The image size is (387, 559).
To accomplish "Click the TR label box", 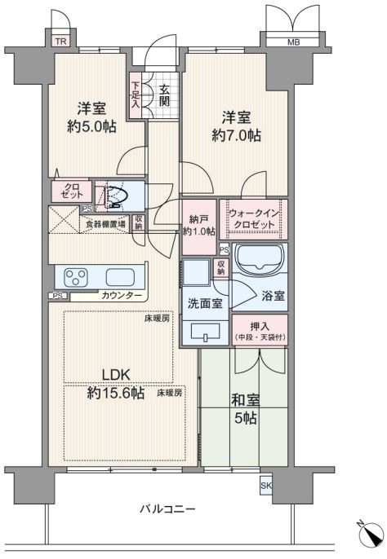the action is point(60,41).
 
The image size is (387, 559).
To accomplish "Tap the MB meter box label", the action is point(293,42).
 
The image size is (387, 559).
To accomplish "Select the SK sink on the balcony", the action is point(265,486).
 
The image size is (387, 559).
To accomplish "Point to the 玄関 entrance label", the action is point(164,95).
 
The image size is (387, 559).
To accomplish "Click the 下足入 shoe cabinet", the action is point(136,95).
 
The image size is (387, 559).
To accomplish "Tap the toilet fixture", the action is point(117,196).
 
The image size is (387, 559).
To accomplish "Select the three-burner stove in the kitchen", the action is point(75,278).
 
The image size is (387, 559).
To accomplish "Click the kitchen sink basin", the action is point(120,278).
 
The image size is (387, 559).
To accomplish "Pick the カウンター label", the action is point(122,296).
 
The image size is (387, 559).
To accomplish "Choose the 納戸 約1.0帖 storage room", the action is point(199,227).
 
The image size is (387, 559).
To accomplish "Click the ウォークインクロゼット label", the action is point(253,219).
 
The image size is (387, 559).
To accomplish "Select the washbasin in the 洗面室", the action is point(206,332).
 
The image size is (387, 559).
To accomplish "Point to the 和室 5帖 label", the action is point(245,409).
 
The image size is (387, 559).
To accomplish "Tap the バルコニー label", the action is point(167,508).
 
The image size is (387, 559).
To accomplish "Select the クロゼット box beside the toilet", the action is point(72,191).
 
